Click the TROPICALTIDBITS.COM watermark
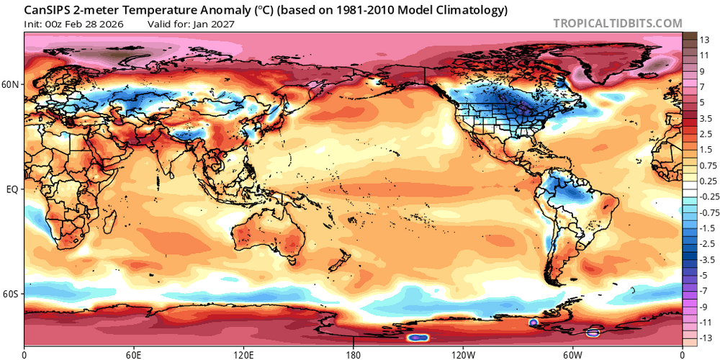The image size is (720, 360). pyautogui.click(x=617, y=23)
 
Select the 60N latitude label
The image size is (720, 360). pyautogui.click(x=11, y=84)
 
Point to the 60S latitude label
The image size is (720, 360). pyautogui.click(x=11, y=294)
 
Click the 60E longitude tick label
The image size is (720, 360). pyautogui.click(x=134, y=354)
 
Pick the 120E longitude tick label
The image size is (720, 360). pyautogui.click(x=243, y=354)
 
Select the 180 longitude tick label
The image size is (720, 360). pyautogui.click(x=354, y=354)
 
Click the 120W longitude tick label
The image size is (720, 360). pyautogui.click(x=463, y=354)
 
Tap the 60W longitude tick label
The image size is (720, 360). pyautogui.click(x=572, y=354)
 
